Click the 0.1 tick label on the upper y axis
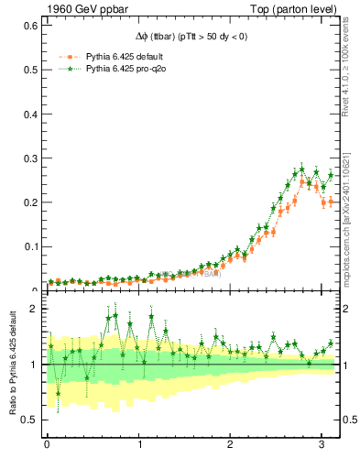point(30,246)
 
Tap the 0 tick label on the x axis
point(47,444)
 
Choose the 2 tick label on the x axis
point(232,444)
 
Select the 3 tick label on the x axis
point(323,444)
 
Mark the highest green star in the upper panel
point(302,169)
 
